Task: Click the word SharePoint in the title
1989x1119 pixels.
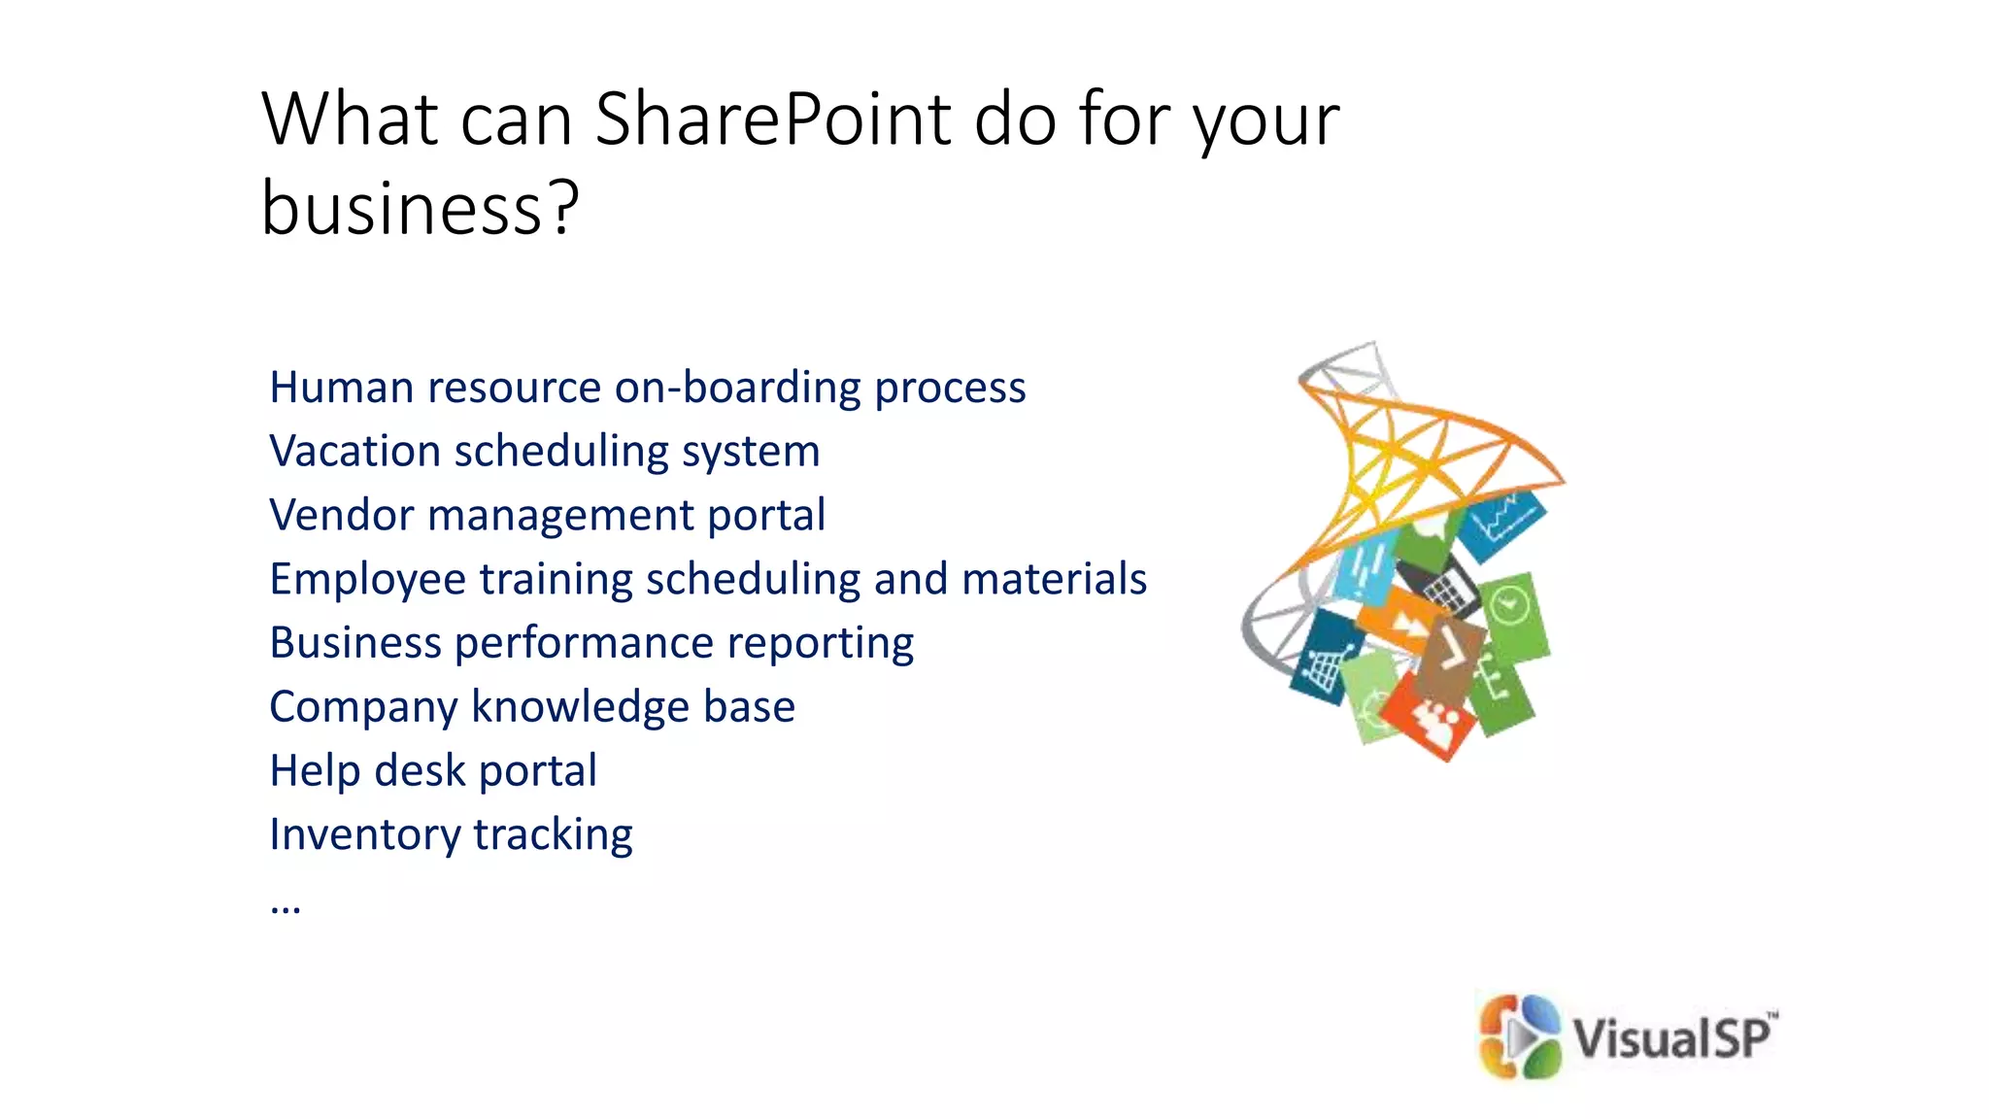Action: click(772, 119)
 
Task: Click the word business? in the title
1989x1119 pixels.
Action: click(420, 209)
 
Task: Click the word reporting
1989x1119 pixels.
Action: click(827, 643)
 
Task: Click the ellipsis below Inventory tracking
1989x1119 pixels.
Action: click(286, 907)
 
